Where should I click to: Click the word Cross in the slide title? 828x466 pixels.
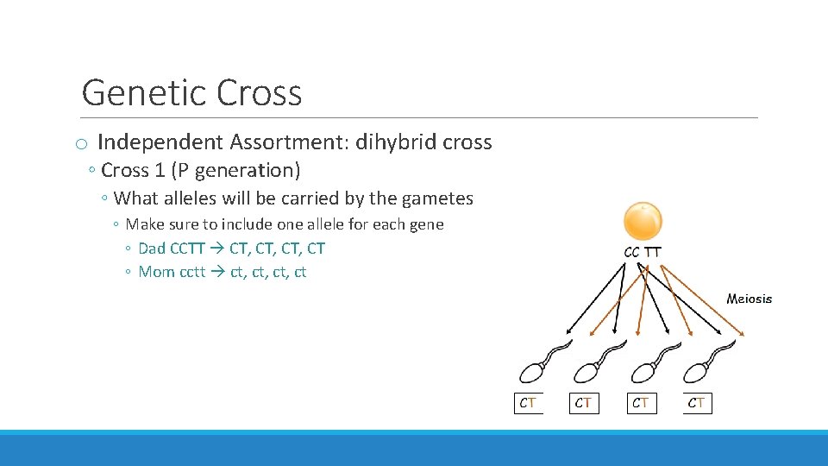(260, 93)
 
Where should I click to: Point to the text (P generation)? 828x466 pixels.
(250, 170)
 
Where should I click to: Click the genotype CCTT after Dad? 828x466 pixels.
(187, 249)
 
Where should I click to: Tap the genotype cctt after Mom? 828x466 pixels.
(192, 273)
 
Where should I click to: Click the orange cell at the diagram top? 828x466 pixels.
(643, 221)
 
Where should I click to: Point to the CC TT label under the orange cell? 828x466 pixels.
(643, 252)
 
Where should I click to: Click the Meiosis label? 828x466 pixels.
(749, 299)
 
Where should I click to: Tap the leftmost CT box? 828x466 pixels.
(528, 403)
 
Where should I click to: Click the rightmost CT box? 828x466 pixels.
(697, 403)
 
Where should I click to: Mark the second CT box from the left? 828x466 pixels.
(584, 403)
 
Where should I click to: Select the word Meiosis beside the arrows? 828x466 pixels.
(749, 299)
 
